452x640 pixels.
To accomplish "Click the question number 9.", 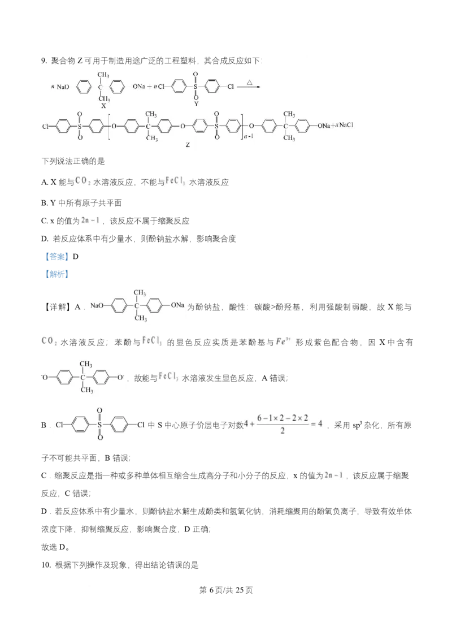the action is point(44,61).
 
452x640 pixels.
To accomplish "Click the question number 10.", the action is point(46,565).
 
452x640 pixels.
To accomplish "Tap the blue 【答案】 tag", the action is point(56,256).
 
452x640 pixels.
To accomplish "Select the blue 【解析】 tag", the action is point(56,274).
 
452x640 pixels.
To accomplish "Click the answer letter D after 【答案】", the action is point(76,256).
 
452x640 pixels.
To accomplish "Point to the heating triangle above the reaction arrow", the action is point(250,83).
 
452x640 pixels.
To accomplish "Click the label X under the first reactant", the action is point(103,106).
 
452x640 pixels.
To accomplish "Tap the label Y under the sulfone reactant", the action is point(196,103).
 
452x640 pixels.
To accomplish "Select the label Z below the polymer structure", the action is point(188,145).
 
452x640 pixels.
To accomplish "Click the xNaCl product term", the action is point(344,126).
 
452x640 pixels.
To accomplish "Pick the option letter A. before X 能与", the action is point(45,183).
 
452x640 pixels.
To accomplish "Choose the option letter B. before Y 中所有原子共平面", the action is point(45,203).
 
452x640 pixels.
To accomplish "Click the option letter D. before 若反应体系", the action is point(45,239).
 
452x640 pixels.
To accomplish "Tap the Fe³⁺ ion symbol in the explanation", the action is point(283,341).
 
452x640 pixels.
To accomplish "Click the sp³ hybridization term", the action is point(357,425).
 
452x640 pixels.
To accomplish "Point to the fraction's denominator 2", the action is point(282,431).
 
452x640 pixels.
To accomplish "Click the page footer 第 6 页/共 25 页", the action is point(226,590).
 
